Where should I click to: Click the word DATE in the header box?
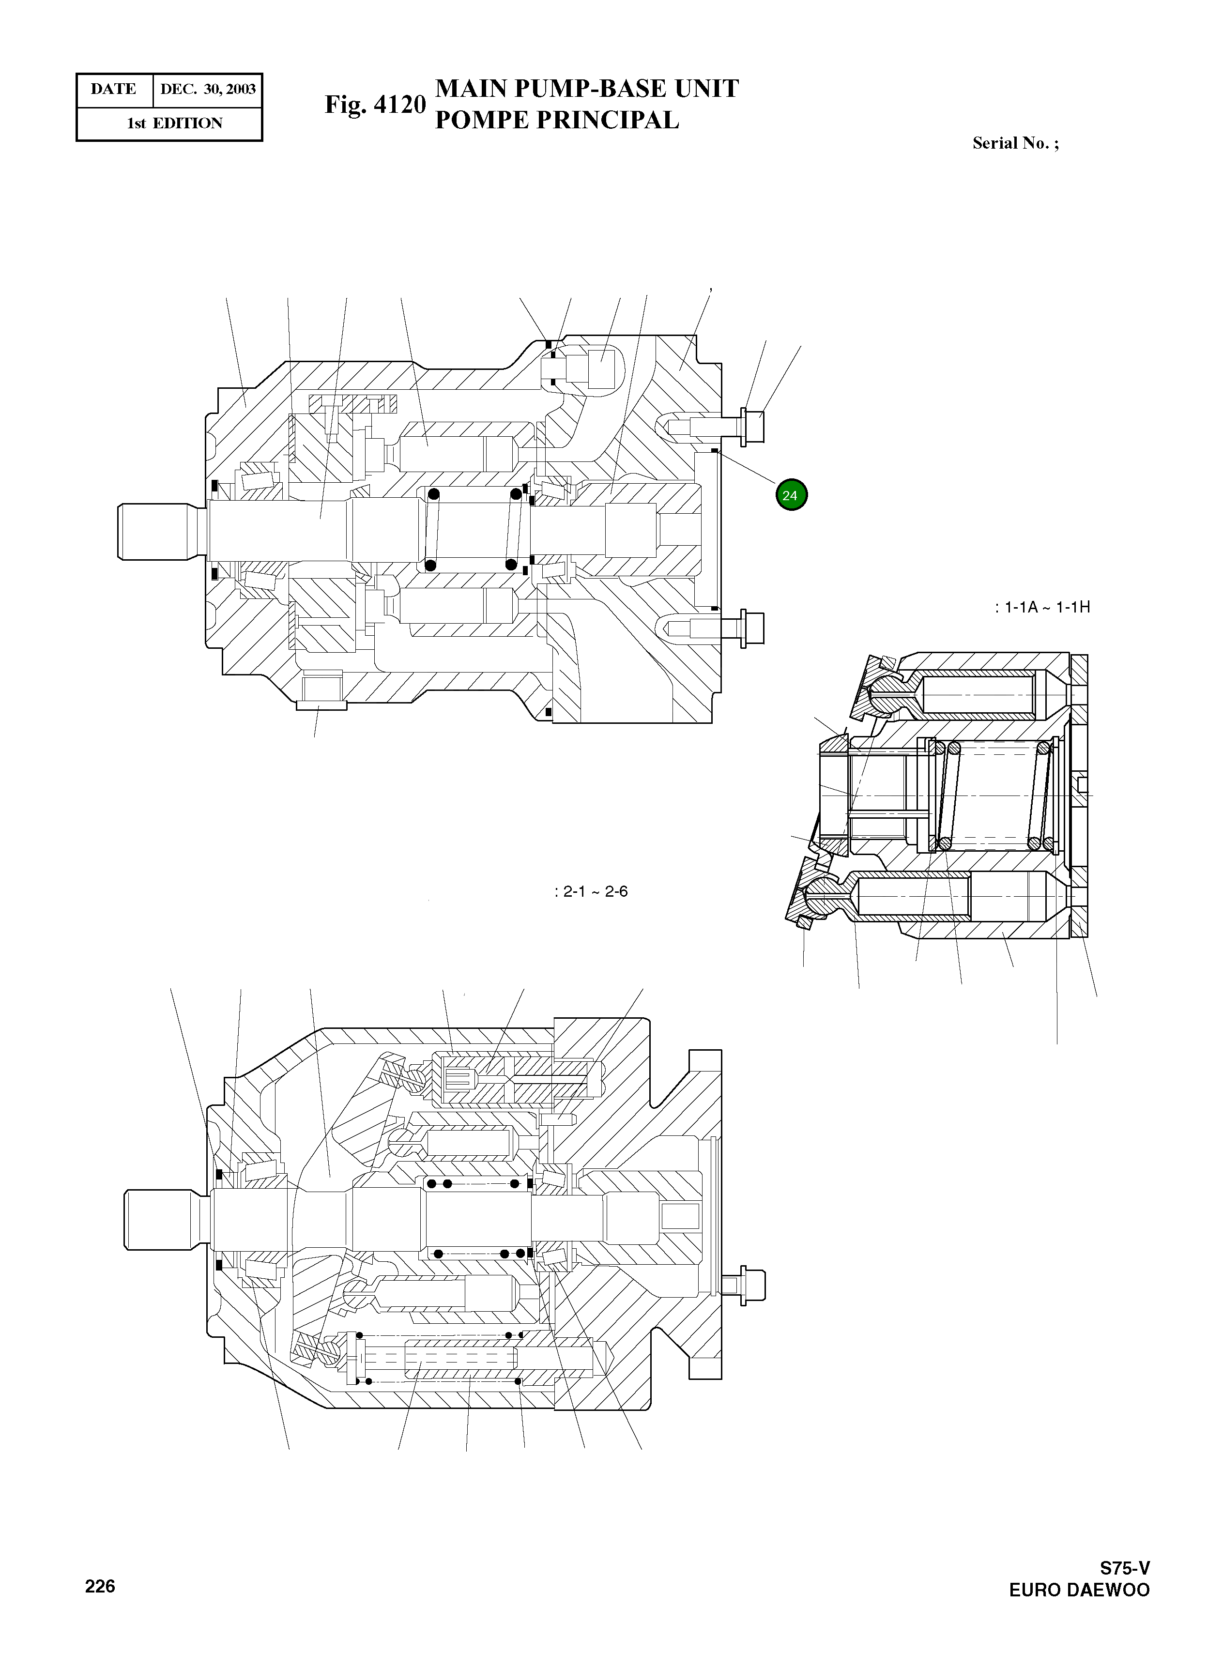(x=113, y=90)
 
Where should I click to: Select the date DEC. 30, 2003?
(x=208, y=90)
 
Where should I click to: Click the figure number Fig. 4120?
(x=375, y=105)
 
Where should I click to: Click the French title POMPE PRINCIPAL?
(x=557, y=120)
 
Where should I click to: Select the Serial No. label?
(x=1015, y=144)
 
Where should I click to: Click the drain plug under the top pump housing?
(x=321, y=689)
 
